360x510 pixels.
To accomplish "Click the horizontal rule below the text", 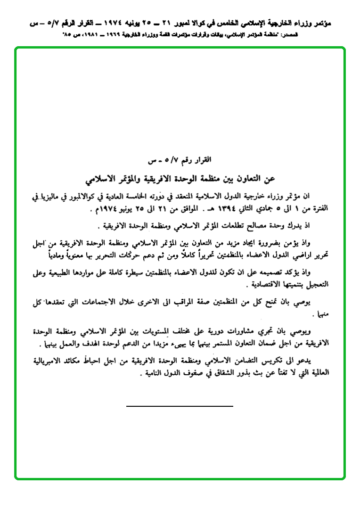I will (x=180, y=405).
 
